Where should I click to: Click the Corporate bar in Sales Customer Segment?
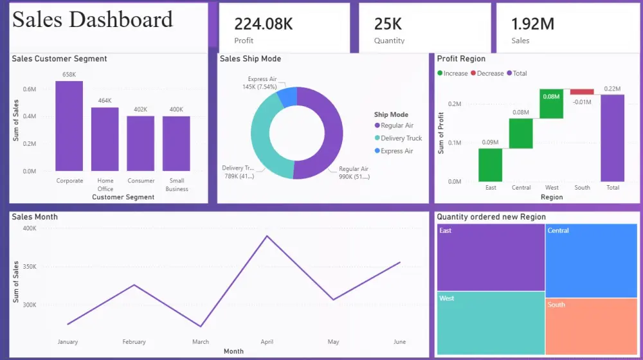pyautogui.click(x=69, y=126)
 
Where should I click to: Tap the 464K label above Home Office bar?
pyautogui.click(x=105, y=101)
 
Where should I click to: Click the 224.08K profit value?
pyautogui.click(x=264, y=24)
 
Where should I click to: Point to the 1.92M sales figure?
pyautogui.click(x=532, y=24)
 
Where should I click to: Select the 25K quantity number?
pyautogui.click(x=388, y=24)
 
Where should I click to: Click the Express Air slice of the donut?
pyautogui.click(x=287, y=98)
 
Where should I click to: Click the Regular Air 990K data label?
pyautogui.click(x=354, y=173)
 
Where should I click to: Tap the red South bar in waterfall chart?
pyautogui.click(x=582, y=92)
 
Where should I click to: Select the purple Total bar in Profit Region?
pyautogui.click(x=612, y=138)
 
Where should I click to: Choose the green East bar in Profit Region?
pyautogui.click(x=490, y=165)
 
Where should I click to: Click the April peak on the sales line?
pyautogui.click(x=267, y=236)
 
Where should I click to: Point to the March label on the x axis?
pyautogui.click(x=201, y=342)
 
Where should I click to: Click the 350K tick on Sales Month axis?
pyautogui.click(x=29, y=266)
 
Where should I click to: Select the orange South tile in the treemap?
pyautogui.click(x=591, y=326)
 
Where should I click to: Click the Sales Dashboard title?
pyautogui.click(x=93, y=19)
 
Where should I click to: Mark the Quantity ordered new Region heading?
pyautogui.click(x=491, y=217)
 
